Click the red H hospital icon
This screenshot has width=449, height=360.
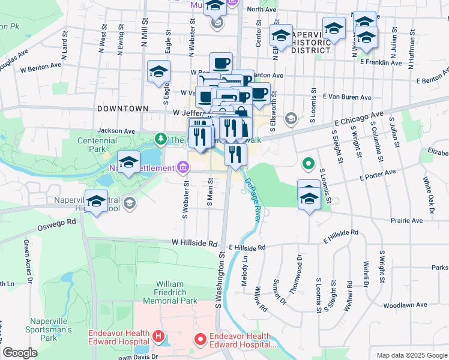point(158,335)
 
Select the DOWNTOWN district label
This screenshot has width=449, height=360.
point(122,109)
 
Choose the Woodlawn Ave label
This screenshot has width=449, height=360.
point(407,305)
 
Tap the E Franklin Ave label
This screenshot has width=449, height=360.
point(381,62)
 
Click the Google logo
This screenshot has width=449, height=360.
point(20,353)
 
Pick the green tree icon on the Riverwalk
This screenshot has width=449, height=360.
point(160,139)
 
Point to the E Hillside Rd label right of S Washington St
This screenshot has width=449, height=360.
point(247,247)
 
